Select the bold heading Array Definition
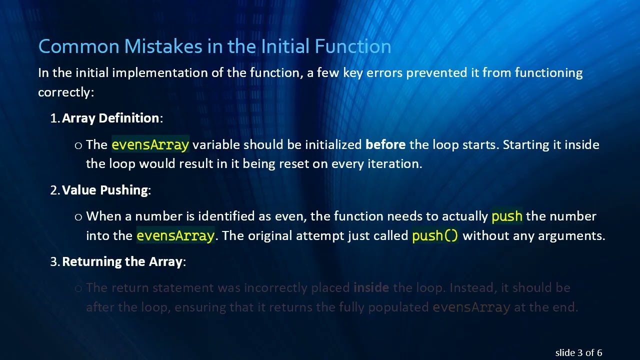tap(110, 118)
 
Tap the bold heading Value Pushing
tap(105, 190)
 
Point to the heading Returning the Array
tap(122, 262)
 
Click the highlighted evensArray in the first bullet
tap(150, 145)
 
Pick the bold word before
tap(385, 145)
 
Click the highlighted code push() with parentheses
tap(435, 235)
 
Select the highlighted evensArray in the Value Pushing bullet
tap(175, 235)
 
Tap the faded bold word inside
tap(371, 288)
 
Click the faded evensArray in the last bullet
tap(471, 307)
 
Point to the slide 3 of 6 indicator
tap(578, 353)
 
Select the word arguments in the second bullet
tap(575, 235)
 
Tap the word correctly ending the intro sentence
tap(64, 92)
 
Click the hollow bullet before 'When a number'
tap(78, 217)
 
